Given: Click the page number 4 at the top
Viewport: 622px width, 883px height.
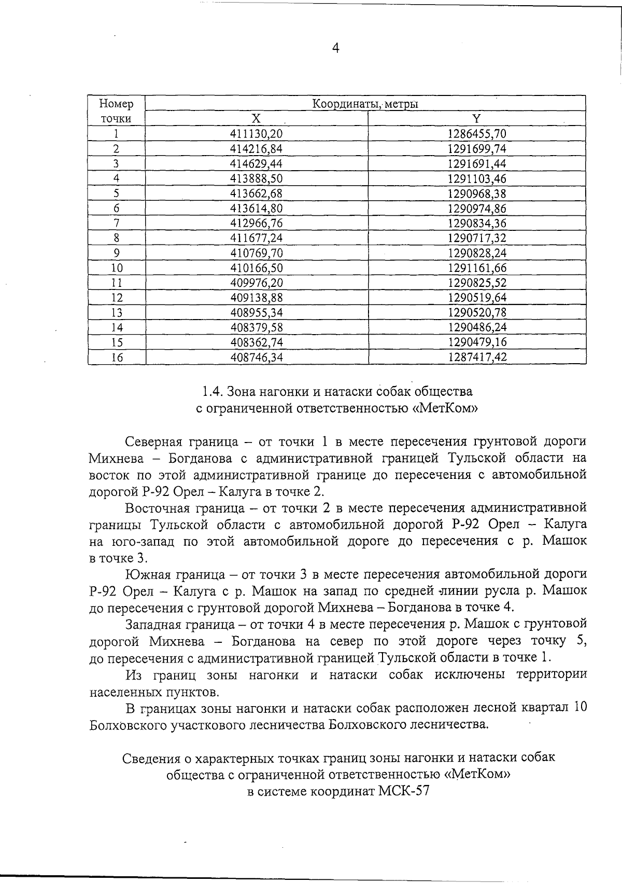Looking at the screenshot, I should pos(335,49).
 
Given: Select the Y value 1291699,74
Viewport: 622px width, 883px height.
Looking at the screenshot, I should pos(476,149).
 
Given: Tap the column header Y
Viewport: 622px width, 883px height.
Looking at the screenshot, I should pos(476,118).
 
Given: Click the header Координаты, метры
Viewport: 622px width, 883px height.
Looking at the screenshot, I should pos(365,104).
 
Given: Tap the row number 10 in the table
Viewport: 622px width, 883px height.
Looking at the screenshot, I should pos(117,268).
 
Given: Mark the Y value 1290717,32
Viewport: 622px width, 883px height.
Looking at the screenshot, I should pos(476,239).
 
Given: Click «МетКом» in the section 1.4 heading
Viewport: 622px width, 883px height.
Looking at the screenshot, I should pos(445,408).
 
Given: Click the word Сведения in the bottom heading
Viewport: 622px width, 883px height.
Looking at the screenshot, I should pos(152,758).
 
